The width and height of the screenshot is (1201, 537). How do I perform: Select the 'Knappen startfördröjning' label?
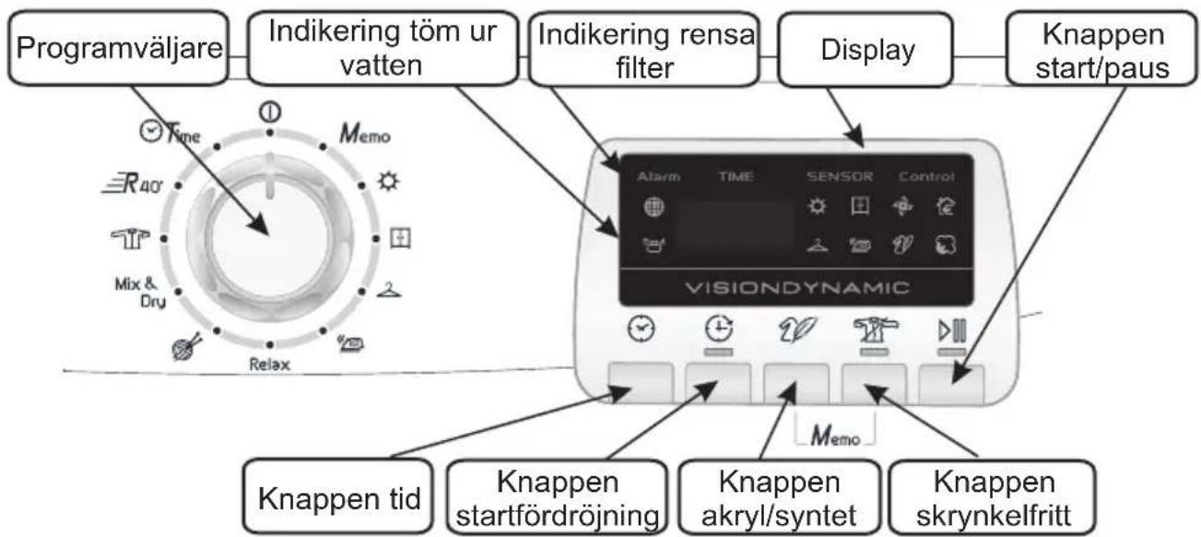[x=557, y=499]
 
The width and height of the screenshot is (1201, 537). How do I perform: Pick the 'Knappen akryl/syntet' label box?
[x=779, y=499]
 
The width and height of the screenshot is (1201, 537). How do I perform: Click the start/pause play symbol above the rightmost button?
[x=951, y=329]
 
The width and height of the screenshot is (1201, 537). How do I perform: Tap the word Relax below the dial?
[x=269, y=364]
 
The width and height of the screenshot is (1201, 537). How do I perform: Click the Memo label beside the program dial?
[x=363, y=136]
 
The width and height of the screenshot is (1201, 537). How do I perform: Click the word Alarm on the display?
[x=657, y=176]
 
